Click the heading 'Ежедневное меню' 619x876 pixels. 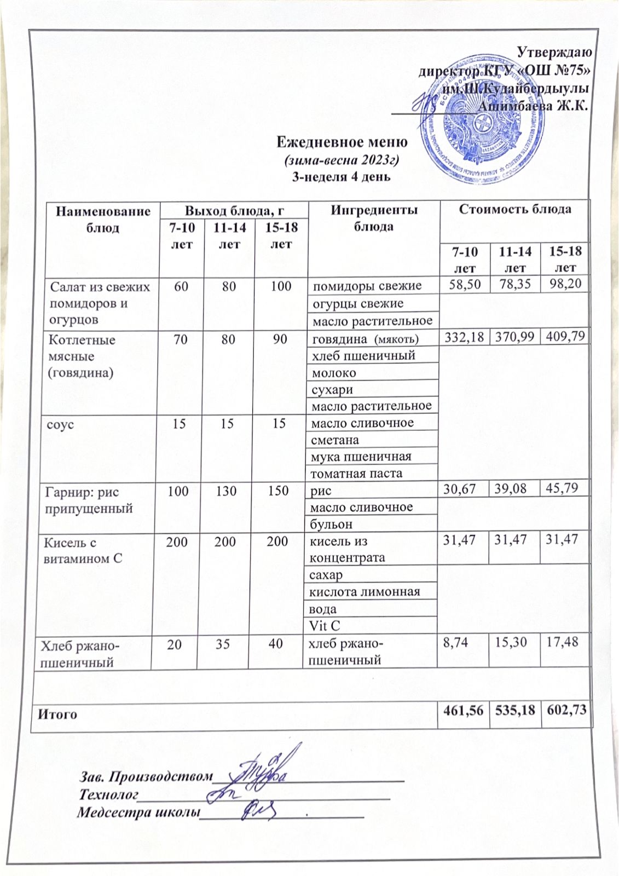pos(342,143)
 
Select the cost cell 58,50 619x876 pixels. pos(461,284)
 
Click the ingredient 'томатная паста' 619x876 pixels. pos(356,473)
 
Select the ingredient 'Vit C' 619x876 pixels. pos(325,625)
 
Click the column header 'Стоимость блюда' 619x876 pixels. pos(515,209)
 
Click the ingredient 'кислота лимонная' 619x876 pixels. pos(365,592)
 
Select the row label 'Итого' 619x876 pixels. pos(57,714)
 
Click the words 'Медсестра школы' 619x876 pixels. pos(137,811)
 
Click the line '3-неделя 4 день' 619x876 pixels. pos(342,177)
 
